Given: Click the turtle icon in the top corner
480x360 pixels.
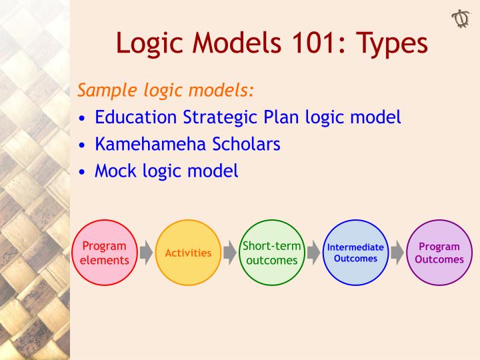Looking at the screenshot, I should tap(460, 18).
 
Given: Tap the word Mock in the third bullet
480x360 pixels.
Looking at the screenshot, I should tap(115, 170).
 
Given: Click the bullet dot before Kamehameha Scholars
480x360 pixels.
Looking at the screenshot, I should tap(81, 145).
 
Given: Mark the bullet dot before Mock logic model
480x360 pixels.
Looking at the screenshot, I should tap(81, 171).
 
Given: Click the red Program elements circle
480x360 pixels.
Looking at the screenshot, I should tap(104, 253).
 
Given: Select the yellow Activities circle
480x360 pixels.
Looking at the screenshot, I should tap(188, 253).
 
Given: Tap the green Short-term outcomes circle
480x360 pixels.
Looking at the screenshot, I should tap(271, 253).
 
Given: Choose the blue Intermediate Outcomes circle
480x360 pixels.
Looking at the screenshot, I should tap(355, 253).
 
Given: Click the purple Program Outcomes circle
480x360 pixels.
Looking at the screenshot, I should tap(439, 253).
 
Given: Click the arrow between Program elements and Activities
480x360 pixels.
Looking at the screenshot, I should tap(146, 253).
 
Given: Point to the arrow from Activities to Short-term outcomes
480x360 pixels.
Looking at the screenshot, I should tap(230, 253).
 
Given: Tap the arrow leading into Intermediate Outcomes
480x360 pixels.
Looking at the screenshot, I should tap(313, 253).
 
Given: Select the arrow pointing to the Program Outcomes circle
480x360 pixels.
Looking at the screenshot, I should tap(397, 253).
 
